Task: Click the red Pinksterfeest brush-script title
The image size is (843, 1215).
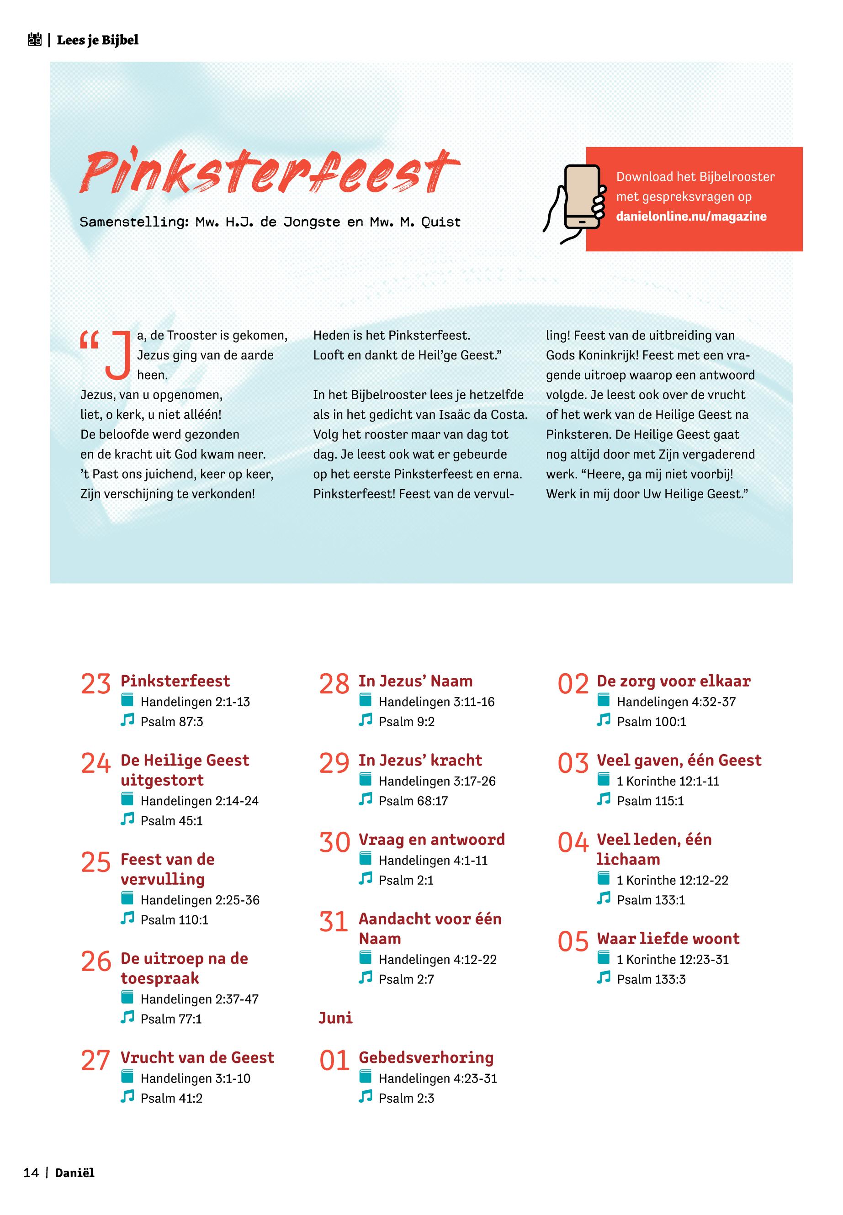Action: [270, 172]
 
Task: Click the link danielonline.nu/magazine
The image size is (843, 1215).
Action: [691, 217]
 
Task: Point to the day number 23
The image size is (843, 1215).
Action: [95, 684]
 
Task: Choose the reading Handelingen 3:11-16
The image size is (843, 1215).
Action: [436, 702]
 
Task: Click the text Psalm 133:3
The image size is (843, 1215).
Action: [651, 979]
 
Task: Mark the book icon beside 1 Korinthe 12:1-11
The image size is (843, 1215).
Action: [603, 779]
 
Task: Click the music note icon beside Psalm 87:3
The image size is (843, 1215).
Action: [127, 720]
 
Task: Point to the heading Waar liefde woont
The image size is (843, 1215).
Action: [668, 938]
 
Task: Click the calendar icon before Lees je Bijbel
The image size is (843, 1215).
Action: [34, 40]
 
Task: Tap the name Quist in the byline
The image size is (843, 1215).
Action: [440, 222]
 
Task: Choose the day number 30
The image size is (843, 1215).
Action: [334, 843]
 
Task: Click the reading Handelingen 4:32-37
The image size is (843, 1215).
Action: [676, 702]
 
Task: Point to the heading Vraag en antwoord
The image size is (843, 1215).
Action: [431, 840]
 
